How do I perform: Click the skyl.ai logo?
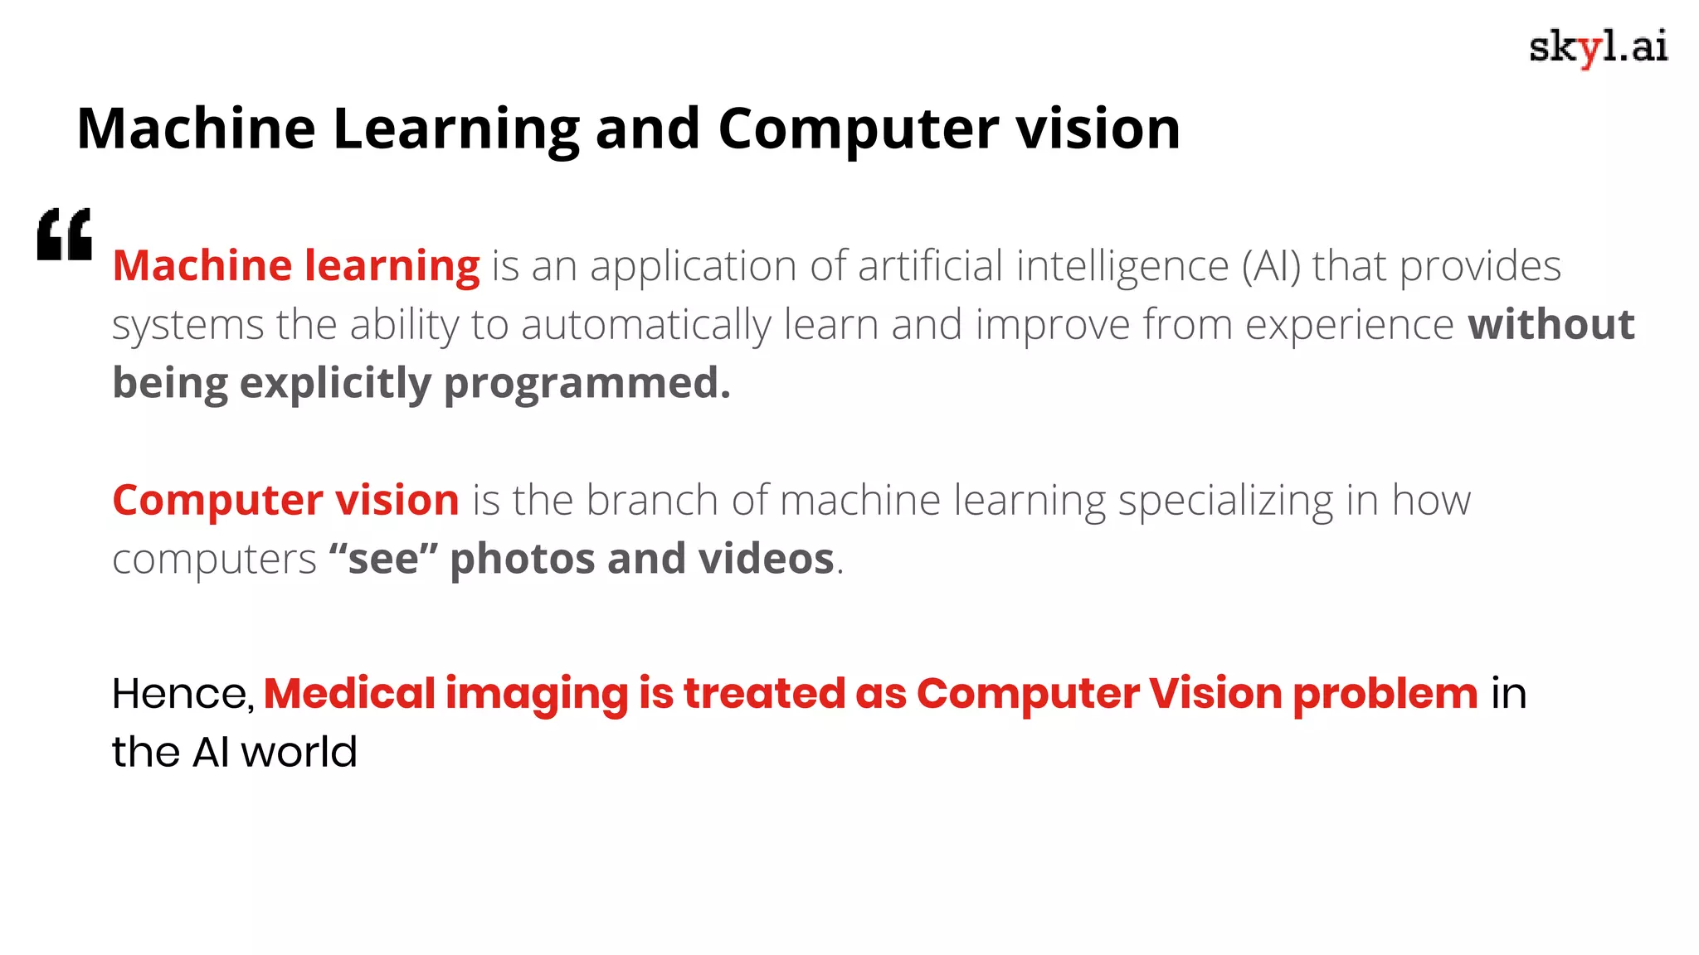click(x=1598, y=47)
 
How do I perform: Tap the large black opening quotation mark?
click(x=65, y=235)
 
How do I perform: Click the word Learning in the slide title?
click(x=455, y=129)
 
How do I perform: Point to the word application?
click(x=694, y=267)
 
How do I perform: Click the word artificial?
click(x=931, y=267)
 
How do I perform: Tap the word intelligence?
click(x=1122, y=267)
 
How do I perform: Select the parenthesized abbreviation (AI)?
click(x=1271, y=267)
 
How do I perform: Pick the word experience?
click(x=1349, y=326)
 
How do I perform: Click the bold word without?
click(x=1551, y=324)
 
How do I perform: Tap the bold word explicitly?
click(x=335, y=384)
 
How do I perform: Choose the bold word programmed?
click(x=587, y=384)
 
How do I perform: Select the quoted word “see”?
click(x=382, y=559)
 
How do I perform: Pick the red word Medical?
click(x=349, y=694)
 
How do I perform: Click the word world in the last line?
click(x=299, y=753)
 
